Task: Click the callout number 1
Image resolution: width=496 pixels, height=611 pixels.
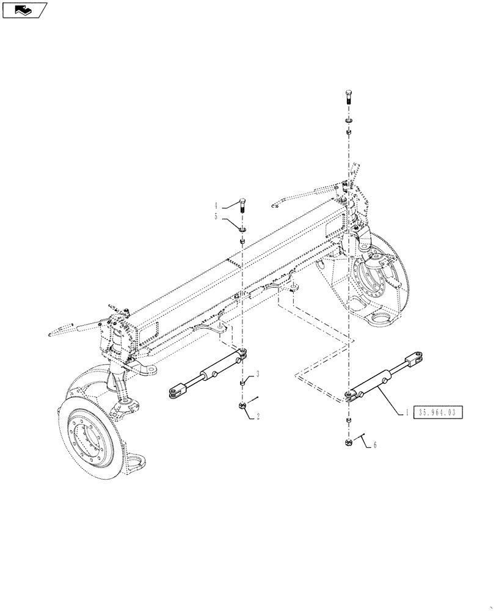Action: [406, 413]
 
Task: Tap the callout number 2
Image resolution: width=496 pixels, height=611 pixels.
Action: [258, 416]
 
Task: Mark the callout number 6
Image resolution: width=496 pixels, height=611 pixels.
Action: [374, 445]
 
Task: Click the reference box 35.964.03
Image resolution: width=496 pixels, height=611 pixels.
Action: [439, 413]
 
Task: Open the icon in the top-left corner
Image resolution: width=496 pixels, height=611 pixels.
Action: [24, 10]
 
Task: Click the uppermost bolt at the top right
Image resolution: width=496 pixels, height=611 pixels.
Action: [348, 97]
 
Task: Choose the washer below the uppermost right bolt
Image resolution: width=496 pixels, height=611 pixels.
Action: [348, 119]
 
